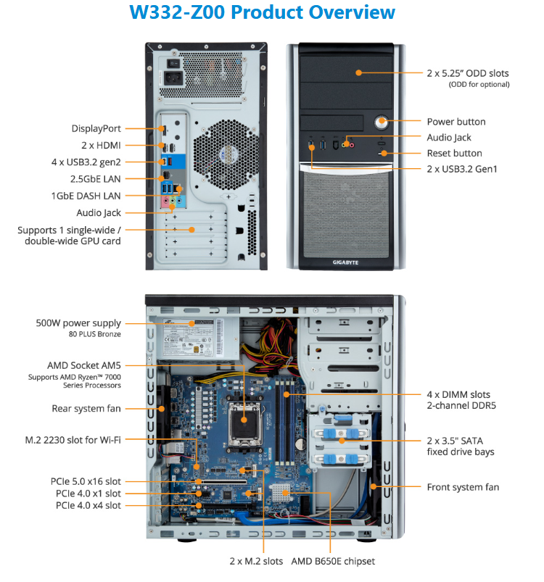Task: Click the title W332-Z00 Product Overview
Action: pos(262,12)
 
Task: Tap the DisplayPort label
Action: pos(96,128)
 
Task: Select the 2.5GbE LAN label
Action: pos(96,179)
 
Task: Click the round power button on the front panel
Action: pos(381,122)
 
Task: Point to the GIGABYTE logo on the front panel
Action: pos(345,262)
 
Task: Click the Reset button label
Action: pos(455,154)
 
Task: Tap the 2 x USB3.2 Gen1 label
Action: pos(462,170)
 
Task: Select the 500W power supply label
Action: pos(78,323)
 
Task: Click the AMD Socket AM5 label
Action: pos(84,365)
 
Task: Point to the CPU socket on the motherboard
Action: pos(244,420)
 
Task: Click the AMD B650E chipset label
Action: pos(333,561)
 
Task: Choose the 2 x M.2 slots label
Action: pos(256,561)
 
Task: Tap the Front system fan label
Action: pos(463,487)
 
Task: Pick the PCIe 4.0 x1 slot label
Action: pos(88,494)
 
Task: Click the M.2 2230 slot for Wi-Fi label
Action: pos(73,440)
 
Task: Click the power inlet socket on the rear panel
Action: pos(173,78)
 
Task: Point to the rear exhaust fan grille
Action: pos(226,155)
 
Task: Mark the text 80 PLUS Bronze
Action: pos(95,334)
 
